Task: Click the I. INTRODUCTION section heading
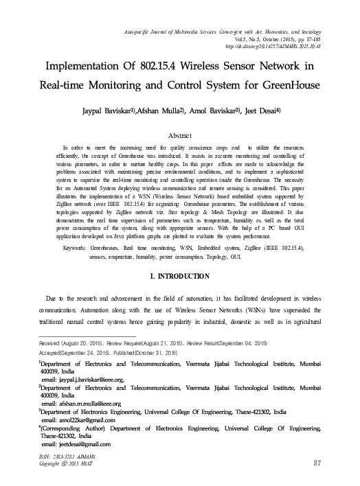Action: tap(180, 277)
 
